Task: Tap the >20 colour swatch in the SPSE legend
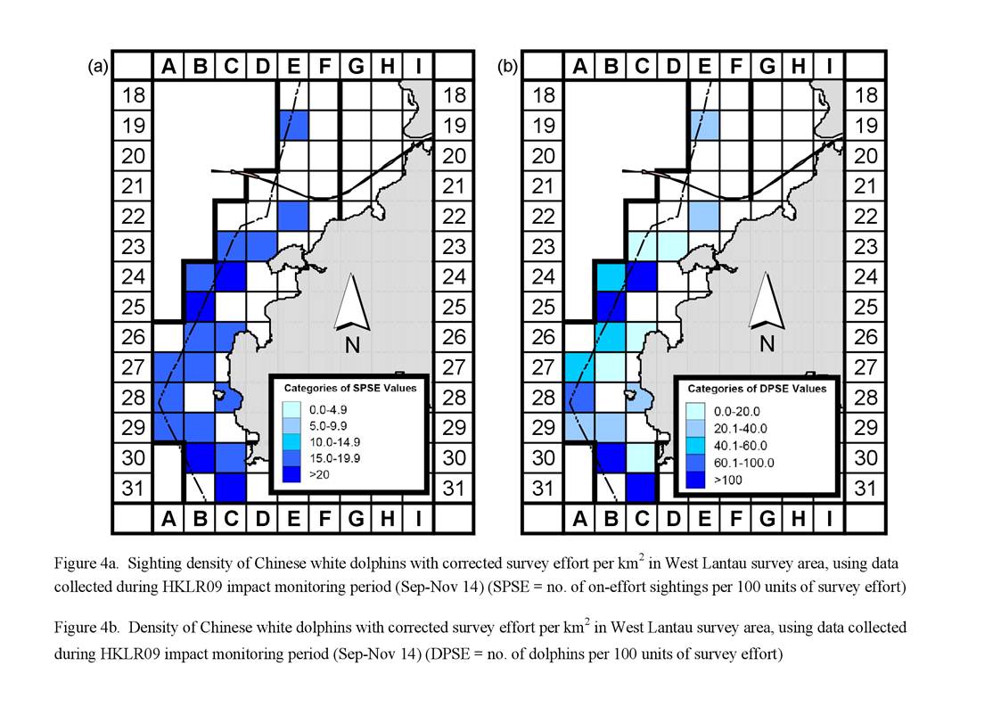[x=291, y=474]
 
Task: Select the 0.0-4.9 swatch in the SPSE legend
[x=291, y=409]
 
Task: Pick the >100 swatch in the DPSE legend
[x=695, y=480]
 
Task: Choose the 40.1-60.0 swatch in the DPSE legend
[x=695, y=445]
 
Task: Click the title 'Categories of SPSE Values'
[x=349, y=388]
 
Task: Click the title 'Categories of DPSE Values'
[x=757, y=389]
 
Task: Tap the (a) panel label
[x=98, y=66]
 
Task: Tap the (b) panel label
[x=507, y=66]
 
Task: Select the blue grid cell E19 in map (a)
[x=294, y=126]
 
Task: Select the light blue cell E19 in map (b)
[x=705, y=126]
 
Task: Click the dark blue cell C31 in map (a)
[x=231, y=488]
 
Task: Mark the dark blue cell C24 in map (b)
[x=642, y=276]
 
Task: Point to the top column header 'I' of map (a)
[x=418, y=66]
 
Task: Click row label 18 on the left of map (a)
[x=134, y=95]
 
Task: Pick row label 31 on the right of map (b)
[x=865, y=488]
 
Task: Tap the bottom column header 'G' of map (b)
[x=767, y=518]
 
